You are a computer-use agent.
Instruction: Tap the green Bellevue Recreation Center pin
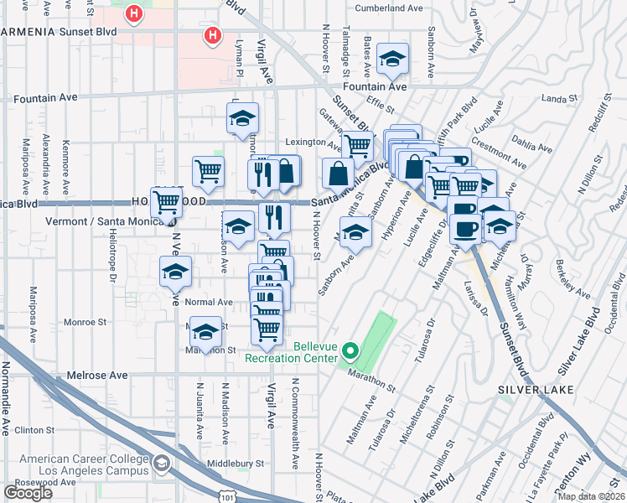[351, 351]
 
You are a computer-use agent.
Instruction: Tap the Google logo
[28, 493]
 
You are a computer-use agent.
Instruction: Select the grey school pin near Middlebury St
[160, 464]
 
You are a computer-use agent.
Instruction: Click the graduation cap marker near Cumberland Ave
[392, 59]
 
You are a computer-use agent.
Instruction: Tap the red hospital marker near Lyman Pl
[214, 35]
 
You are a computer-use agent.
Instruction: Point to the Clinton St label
[34, 430]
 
